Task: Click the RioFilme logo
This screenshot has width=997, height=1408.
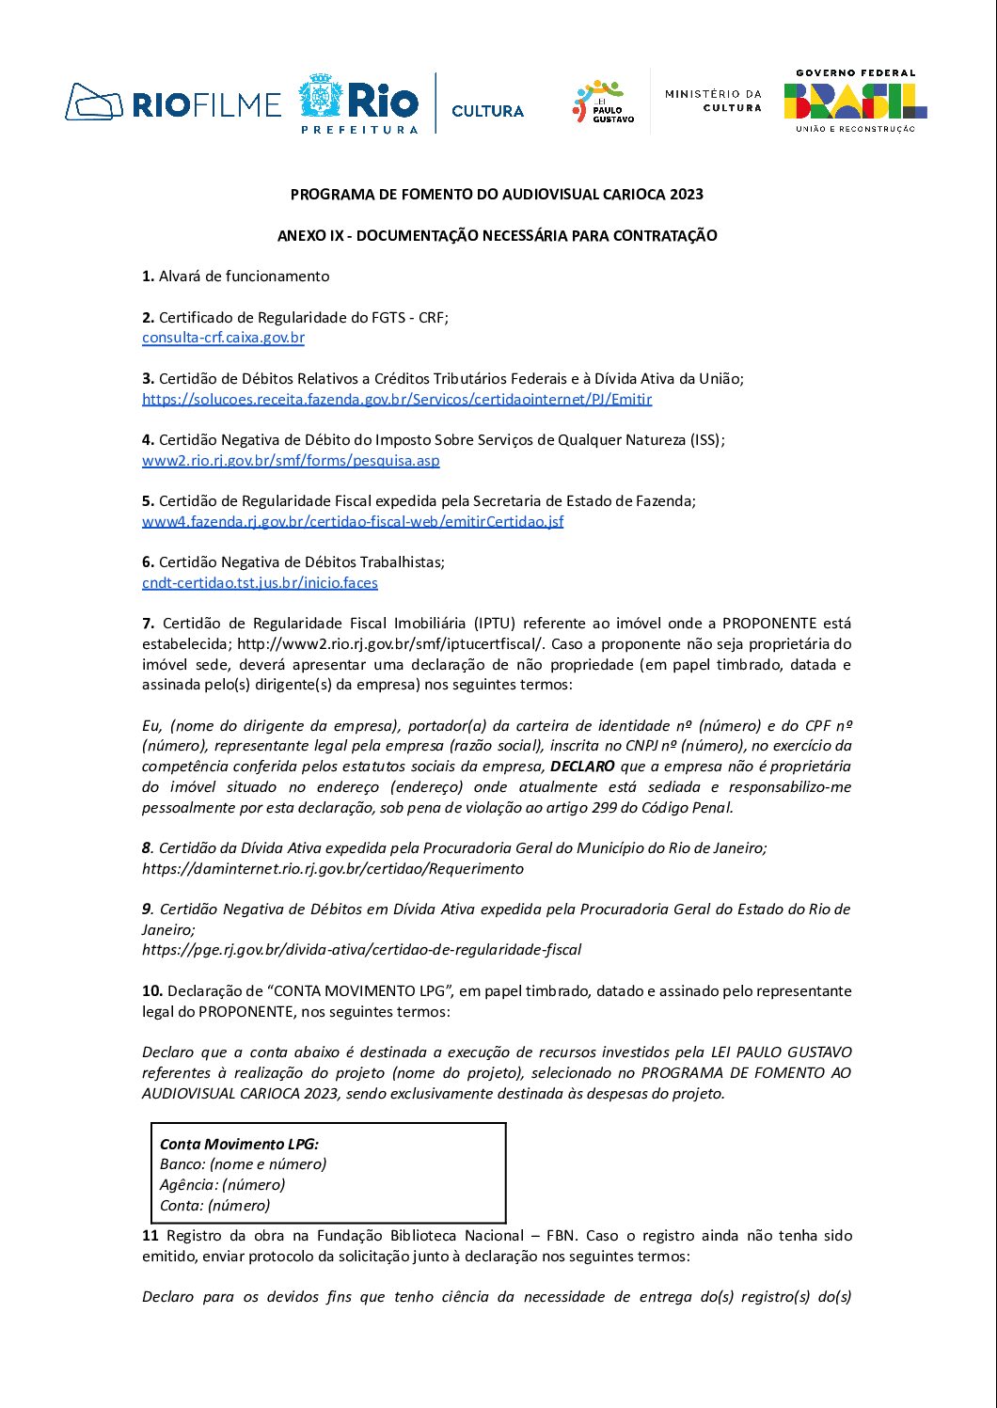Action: click(173, 103)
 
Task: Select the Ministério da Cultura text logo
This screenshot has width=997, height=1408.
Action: click(713, 101)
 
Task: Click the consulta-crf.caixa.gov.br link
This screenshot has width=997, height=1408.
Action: click(223, 338)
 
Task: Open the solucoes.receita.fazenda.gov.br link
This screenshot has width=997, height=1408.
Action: click(397, 399)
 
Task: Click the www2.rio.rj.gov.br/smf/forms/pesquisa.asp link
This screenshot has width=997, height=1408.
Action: click(291, 460)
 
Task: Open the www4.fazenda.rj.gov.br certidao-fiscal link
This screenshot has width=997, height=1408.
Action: click(353, 521)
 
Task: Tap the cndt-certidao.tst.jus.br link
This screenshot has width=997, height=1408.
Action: click(260, 582)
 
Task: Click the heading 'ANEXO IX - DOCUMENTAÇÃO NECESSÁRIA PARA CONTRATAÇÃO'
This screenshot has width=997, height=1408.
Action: click(497, 235)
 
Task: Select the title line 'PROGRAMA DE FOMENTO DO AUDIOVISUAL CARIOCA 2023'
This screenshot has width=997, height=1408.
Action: click(497, 195)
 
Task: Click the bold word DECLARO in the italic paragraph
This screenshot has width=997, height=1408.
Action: click(582, 767)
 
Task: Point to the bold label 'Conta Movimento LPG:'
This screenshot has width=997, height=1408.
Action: click(239, 1145)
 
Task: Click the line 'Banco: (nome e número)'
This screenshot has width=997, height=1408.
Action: click(243, 1164)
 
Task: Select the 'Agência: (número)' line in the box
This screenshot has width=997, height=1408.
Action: click(222, 1185)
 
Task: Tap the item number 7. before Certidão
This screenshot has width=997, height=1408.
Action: click(149, 624)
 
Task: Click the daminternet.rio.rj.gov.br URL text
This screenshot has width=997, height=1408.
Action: click(333, 869)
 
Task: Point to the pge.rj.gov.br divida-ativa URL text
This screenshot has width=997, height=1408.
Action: click(361, 950)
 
